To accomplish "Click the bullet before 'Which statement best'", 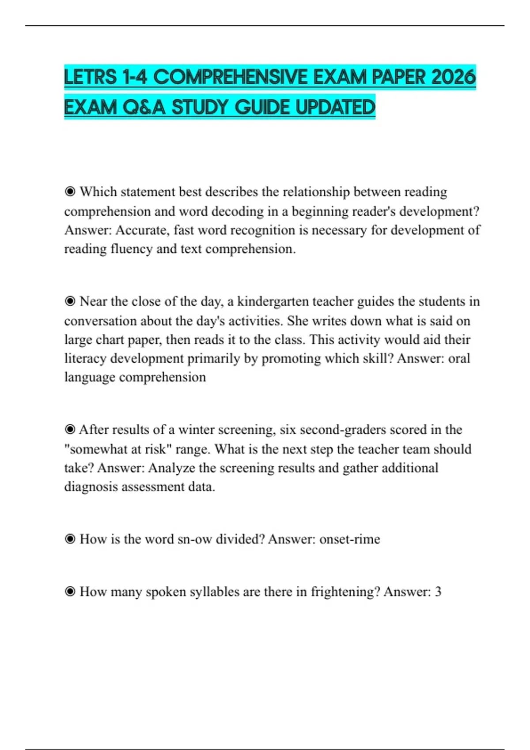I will click(x=70, y=192).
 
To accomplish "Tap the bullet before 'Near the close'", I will click(x=70, y=301).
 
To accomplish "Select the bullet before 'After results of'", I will click(x=70, y=430).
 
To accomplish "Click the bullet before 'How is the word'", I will click(x=70, y=539).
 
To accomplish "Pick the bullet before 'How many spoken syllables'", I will click(x=70, y=592).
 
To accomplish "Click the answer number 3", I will click(x=438, y=592).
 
